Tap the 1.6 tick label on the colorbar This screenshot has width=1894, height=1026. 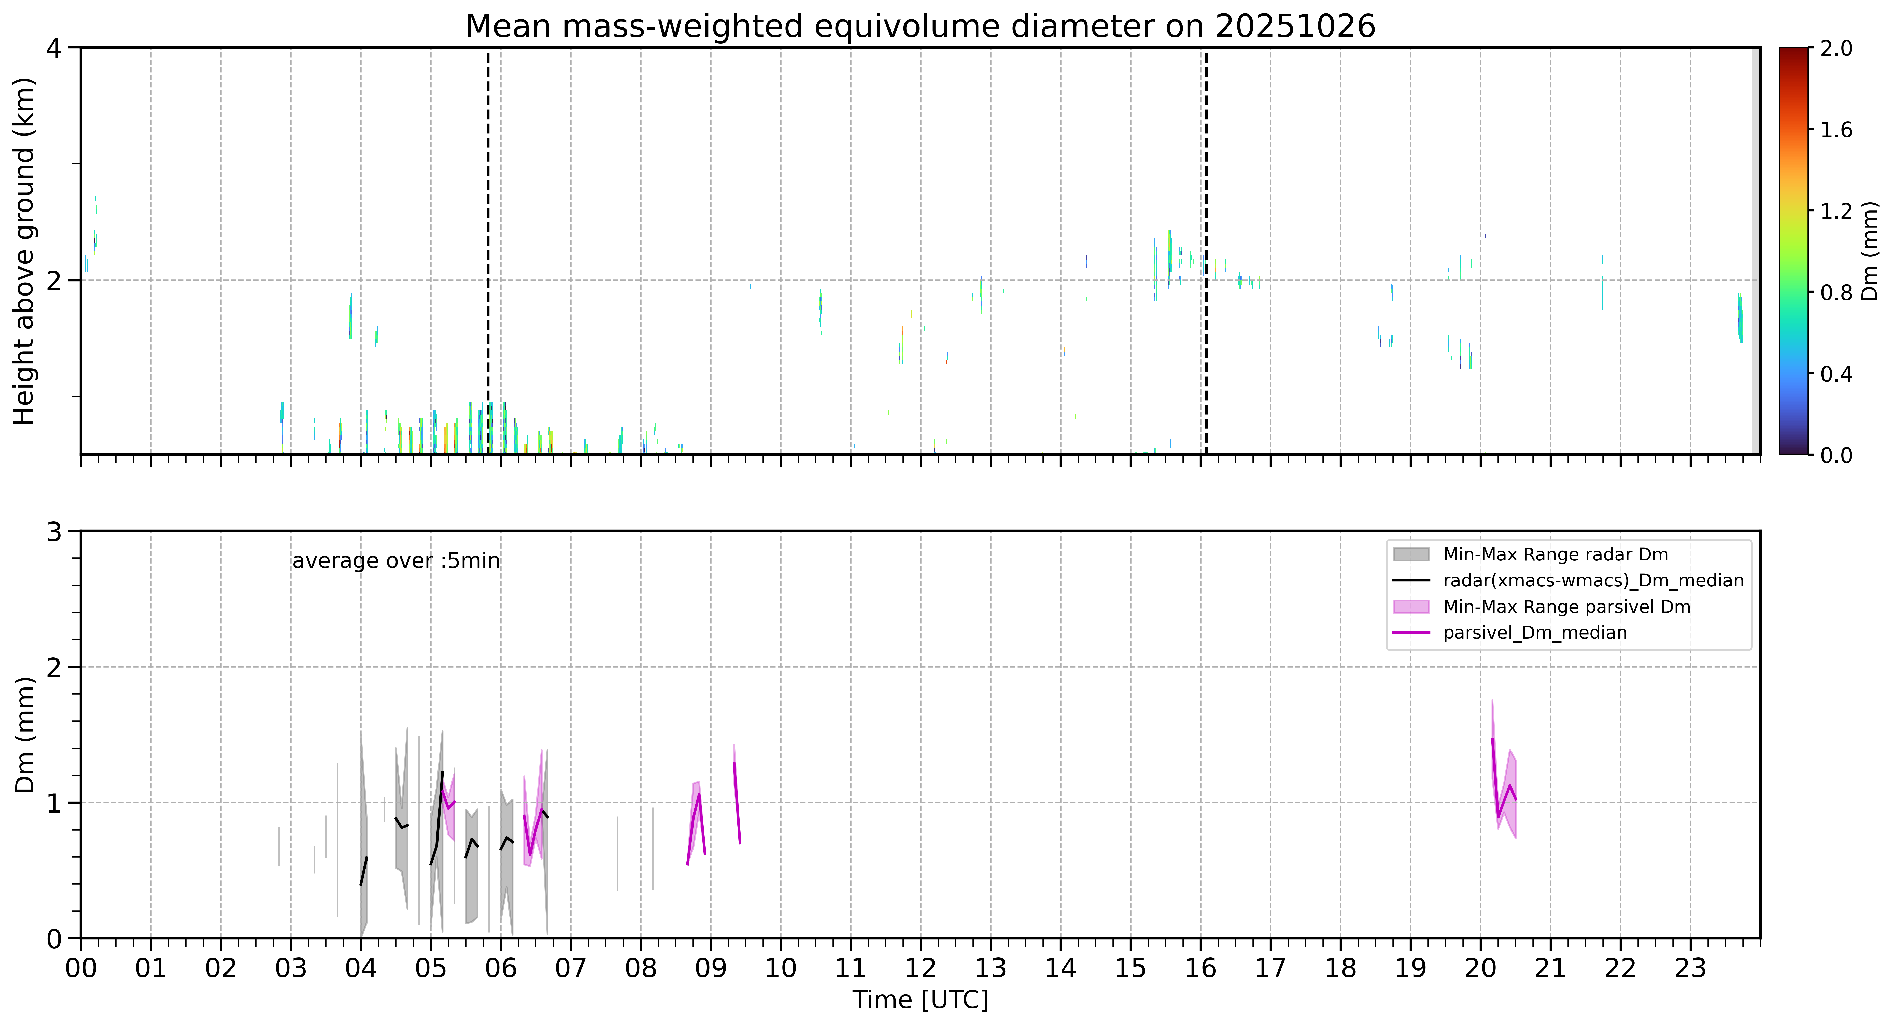pos(1836,130)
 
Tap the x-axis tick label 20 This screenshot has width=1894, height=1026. pos(1480,968)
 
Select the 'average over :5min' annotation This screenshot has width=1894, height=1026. pos(395,561)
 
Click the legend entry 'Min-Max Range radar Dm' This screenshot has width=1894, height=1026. pos(1555,555)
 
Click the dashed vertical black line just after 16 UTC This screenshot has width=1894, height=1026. pos(1206,251)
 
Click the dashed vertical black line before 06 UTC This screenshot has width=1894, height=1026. pos(487,251)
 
